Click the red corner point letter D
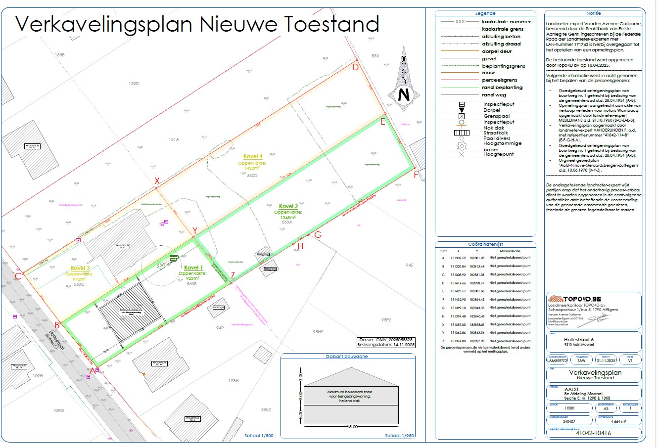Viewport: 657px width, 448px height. click(355, 68)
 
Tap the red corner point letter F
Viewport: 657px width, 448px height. click(416, 175)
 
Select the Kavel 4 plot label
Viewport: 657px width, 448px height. click(253, 157)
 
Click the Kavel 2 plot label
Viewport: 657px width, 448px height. click(288, 206)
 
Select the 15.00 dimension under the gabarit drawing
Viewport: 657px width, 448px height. click(352, 426)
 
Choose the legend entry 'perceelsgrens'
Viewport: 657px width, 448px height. click(499, 80)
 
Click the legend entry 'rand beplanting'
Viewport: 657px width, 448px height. click(502, 88)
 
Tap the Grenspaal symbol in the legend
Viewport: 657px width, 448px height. click(461, 116)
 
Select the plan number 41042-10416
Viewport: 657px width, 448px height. click(593, 433)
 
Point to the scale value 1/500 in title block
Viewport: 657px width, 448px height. click(569, 408)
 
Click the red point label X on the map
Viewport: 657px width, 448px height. click(157, 181)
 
